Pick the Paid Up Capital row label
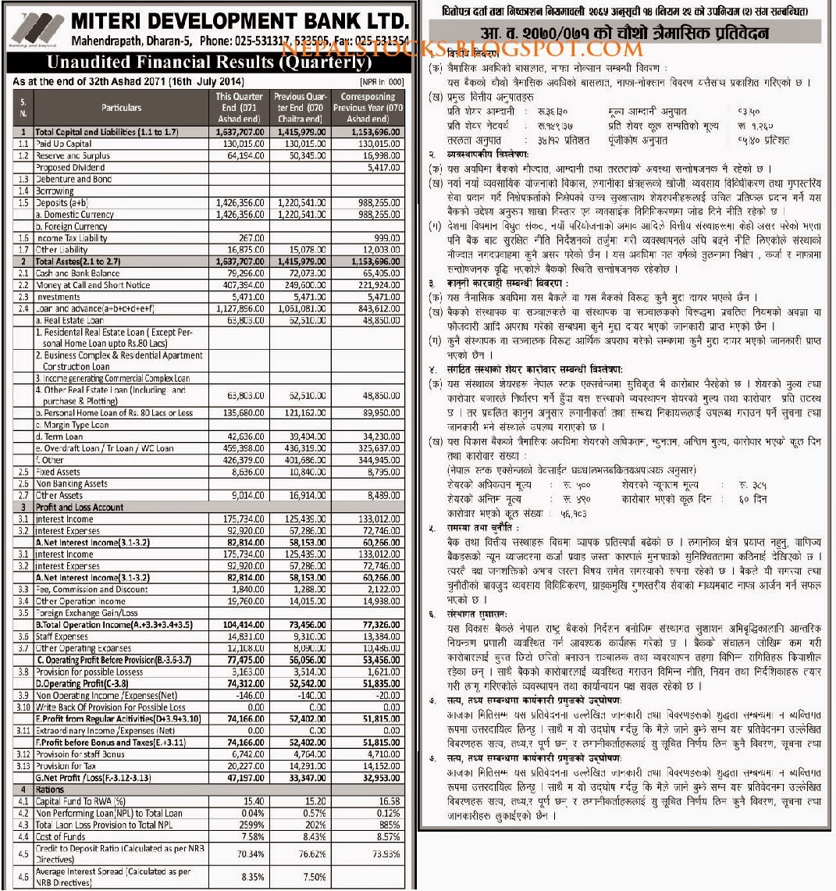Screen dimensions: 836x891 59,143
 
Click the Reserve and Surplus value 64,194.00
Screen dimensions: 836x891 241,155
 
